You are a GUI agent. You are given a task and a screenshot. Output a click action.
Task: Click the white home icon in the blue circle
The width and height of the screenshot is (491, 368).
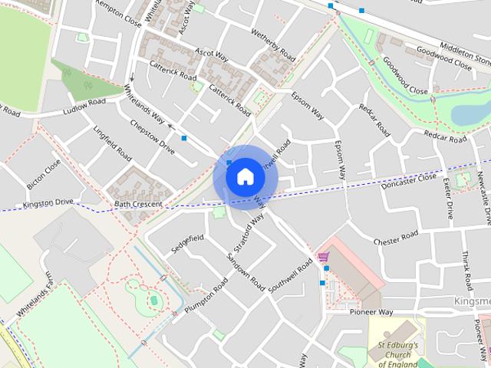click(245, 176)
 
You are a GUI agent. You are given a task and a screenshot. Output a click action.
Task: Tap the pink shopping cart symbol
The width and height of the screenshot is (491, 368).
click(324, 257)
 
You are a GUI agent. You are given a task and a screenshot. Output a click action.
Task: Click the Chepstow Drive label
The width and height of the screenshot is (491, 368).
click(152, 136)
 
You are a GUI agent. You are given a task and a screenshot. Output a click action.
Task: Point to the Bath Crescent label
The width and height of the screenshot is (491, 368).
click(138, 205)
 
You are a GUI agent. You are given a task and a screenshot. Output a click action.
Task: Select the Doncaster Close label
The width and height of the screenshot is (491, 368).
click(408, 182)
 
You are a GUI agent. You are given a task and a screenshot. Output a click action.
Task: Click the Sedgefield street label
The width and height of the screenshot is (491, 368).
click(188, 243)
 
